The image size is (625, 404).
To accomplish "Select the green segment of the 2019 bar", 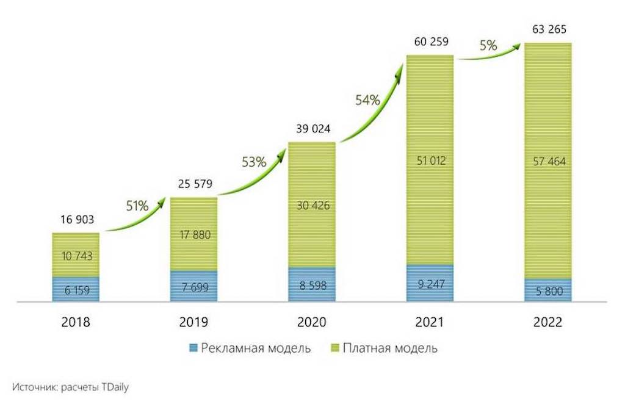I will coord(193,220).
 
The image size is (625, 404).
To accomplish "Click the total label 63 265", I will coord(548,29).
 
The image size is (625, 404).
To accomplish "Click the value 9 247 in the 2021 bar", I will coord(430,284).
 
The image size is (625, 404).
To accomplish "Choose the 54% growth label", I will coord(367,99).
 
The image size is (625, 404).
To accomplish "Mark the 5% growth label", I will coord(488,45).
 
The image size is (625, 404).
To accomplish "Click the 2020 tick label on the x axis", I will coord(311,322).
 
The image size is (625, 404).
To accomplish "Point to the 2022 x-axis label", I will coord(548,322).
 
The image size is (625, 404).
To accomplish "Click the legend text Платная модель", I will coord(390,348).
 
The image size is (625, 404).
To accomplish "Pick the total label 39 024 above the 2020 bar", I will coord(311,129).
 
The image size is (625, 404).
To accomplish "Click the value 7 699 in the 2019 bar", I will coord(193,287).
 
